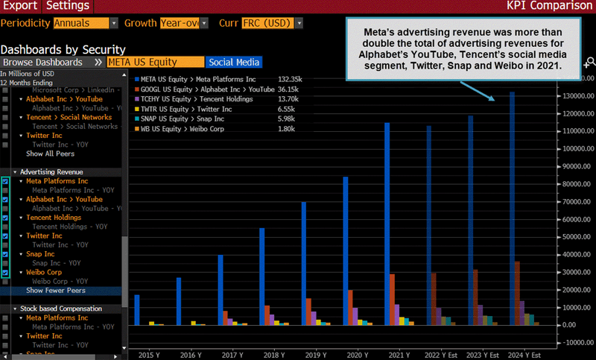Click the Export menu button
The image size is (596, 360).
(x=19, y=6)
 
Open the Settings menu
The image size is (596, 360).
(x=68, y=6)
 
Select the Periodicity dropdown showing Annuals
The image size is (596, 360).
(x=85, y=23)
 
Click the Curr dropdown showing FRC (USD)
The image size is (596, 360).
(x=272, y=23)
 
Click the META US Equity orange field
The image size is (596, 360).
(x=155, y=63)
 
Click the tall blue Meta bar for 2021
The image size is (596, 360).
(x=387, y=224)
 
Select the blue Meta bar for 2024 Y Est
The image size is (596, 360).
(x=512, y=209)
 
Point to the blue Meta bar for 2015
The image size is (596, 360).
(x=137, y=310)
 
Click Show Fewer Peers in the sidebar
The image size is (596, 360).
(x=56, y=291)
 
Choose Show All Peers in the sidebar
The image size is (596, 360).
(x=50, y=154)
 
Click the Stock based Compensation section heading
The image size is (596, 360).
(x=60, y=309)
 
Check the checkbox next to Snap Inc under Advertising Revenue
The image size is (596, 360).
(x=6, y=254)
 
